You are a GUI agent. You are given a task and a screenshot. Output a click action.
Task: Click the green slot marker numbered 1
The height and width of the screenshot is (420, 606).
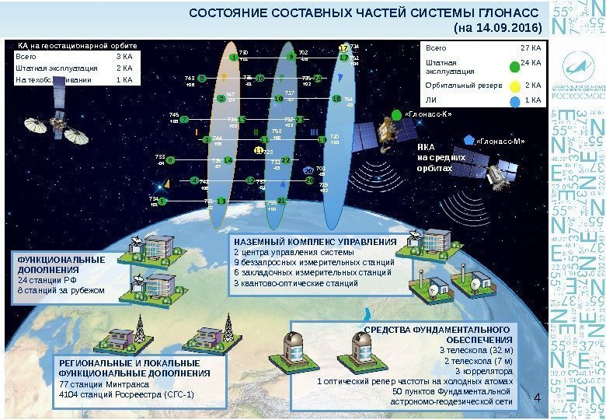pyautogui.click(x=232, y=58)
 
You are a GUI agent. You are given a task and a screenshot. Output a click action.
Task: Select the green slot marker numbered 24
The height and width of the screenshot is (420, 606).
pyautogui.click(x=317, y=78)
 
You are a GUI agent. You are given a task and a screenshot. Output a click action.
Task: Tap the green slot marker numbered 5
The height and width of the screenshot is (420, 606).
pyautogui.click(x=170, y=159)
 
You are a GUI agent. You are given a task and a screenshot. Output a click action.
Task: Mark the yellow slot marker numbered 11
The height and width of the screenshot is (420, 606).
pyautogui.click(x=259, y=151)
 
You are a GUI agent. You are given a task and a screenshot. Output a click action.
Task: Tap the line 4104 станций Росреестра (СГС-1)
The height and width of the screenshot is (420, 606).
pyautogui.click(x=126, y=394)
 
